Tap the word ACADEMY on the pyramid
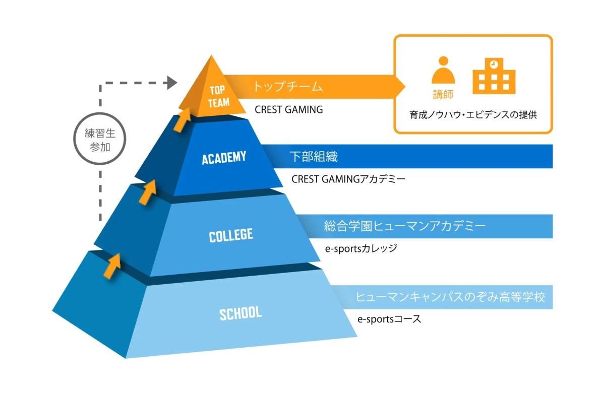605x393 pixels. point(224,158)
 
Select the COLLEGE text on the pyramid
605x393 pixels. point(231,235)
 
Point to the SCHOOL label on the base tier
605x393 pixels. point(240,313)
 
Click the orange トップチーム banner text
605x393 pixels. point(287,87)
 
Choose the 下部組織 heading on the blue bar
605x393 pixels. point(314,157)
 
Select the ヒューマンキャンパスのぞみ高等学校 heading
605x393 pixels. point(450,297)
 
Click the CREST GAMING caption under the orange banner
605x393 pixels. point(288,109)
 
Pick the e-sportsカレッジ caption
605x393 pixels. point(361,248)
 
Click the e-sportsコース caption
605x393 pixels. point(389,319)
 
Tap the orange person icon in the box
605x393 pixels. point(443,70)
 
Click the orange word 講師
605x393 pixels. point(443,94)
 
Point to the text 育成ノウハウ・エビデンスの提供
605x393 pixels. point(473,115)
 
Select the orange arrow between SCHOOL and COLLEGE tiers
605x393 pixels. point(112,265)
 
